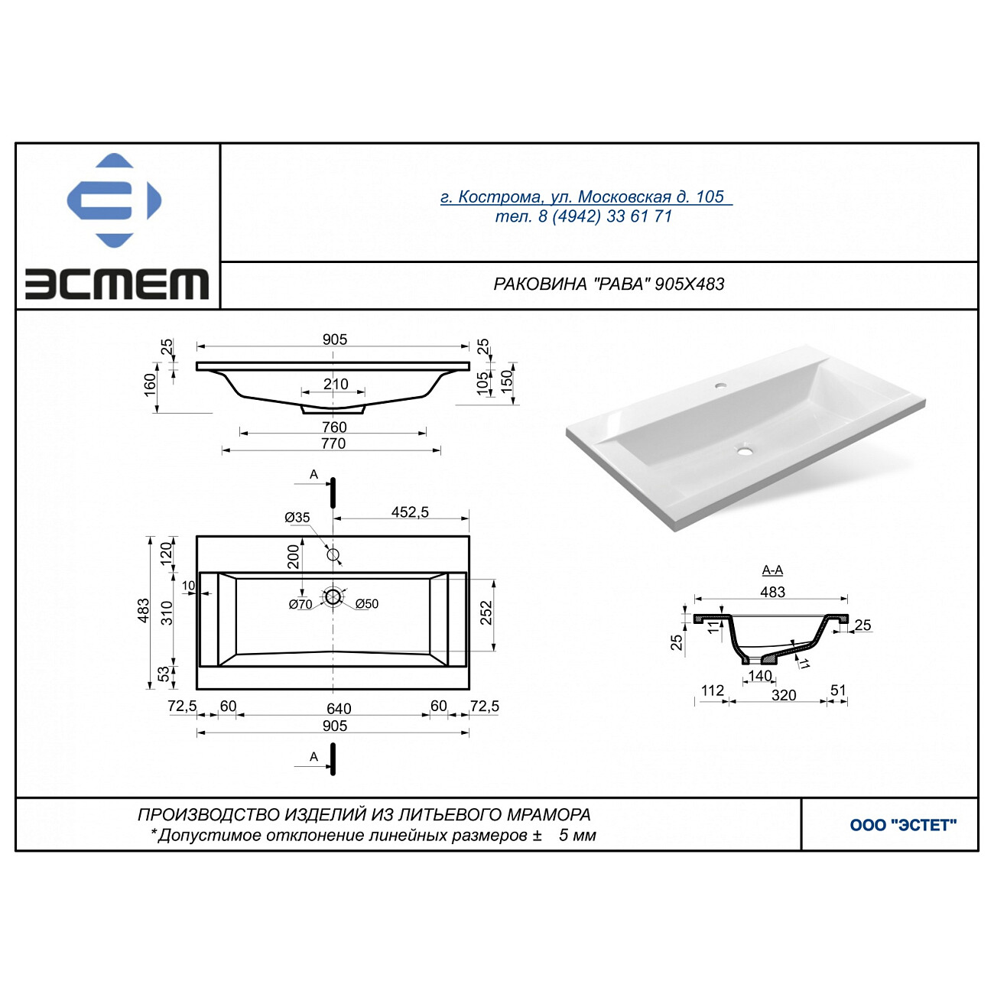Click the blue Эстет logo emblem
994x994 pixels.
coord(114,200)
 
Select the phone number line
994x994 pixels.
coord(583,216)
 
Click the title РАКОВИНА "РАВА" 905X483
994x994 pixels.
coord(609,284)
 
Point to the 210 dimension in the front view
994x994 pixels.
coord(336,384)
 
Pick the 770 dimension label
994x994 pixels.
coord(333,443)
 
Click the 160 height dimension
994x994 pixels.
coord(150,385)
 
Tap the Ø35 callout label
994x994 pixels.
coord(297,518)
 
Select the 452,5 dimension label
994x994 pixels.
coord(410,512)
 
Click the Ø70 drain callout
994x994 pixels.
coord(300,604)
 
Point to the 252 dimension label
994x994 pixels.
coord(486,612)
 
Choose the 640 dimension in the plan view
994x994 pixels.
coord(339,708)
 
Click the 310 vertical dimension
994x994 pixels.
coord(167,612)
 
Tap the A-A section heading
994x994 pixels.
coord(772,570)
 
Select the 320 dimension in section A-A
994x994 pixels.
coord(784,695)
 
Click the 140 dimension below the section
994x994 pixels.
coord(760,675)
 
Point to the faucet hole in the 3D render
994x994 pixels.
coord(720,385)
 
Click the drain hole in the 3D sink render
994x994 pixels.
coord(744,451)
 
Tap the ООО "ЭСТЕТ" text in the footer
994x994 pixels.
coord(903,825)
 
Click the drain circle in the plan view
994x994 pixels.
coord(333,597)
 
